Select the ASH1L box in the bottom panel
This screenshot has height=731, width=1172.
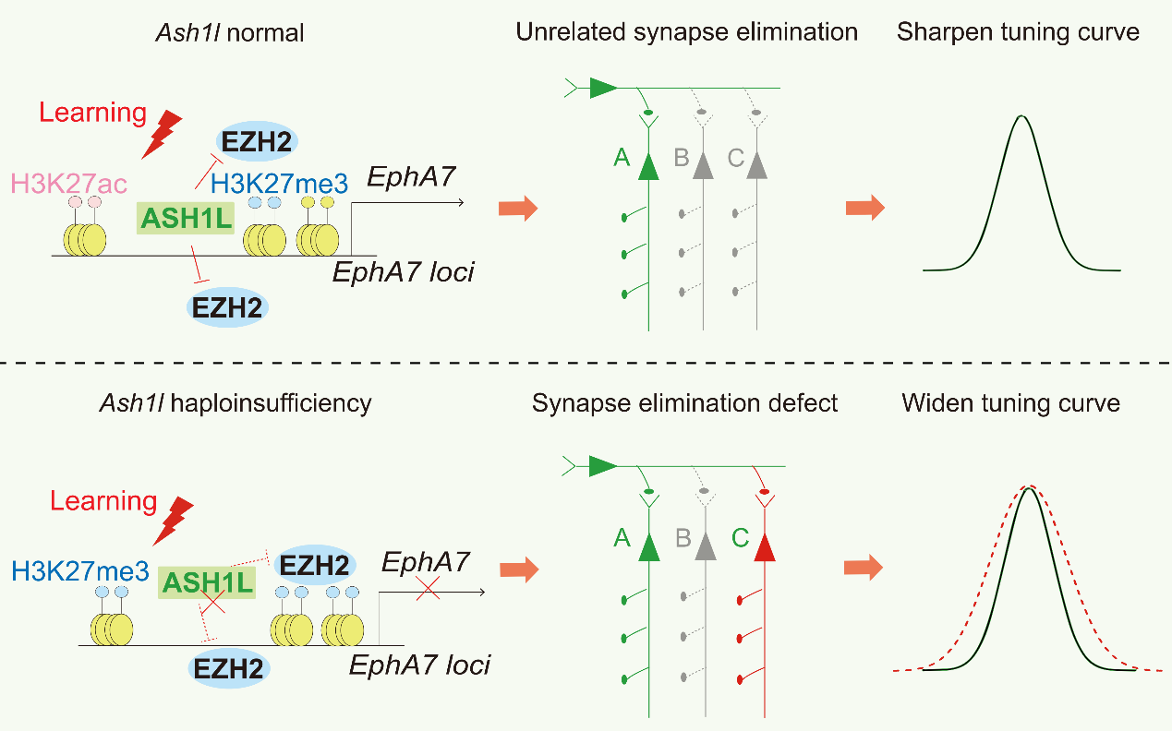[x=206, y=582]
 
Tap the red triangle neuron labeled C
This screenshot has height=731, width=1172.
[x=764, y=547]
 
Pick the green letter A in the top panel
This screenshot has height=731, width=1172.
[x=622, y=159]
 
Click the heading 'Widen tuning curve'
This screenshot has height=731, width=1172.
[x=1011, y=403]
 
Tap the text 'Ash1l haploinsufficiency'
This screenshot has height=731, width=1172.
[x=266, y=403]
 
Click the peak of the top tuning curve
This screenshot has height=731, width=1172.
[x=1021, y=116]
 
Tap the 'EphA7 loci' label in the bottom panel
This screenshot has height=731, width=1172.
[x=419, y=665]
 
